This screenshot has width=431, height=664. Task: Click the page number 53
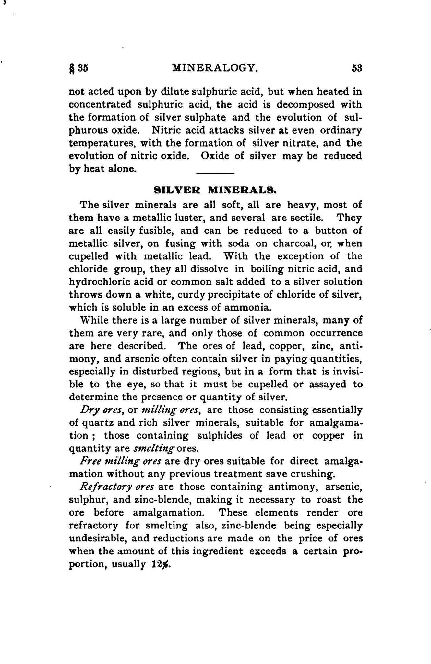[356, 68]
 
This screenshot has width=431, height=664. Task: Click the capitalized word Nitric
[168, 130]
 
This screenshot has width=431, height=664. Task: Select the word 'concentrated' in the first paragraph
[100, 105]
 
